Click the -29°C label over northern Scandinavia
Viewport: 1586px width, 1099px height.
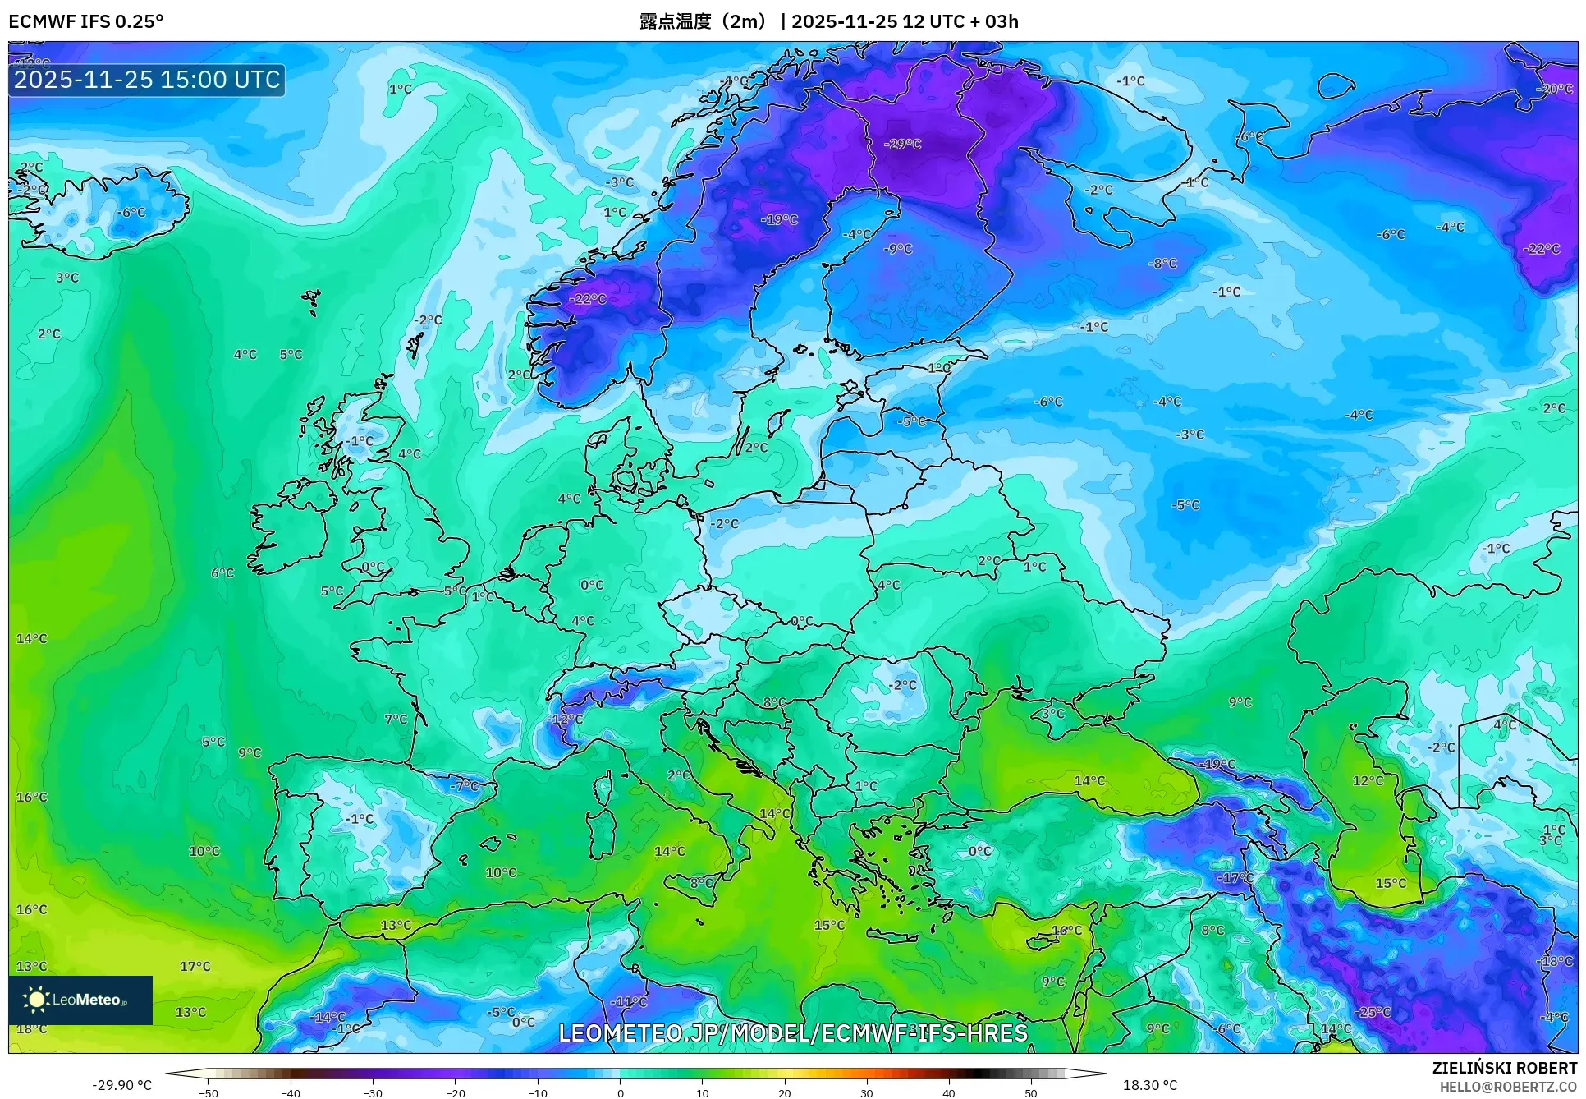(902, 145)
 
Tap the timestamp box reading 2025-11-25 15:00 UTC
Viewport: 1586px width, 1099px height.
(147, 80)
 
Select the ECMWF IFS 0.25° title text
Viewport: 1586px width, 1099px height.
(86, 21)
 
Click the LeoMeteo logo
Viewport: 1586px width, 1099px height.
(80, 1000)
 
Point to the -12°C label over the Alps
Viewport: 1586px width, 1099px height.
(565, 720)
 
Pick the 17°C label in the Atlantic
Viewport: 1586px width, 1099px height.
(195, 967)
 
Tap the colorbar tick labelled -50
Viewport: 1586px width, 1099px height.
(209, 1093)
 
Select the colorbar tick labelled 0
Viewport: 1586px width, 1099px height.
(620, 1093)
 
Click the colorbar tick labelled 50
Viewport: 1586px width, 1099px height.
(1031, 1093)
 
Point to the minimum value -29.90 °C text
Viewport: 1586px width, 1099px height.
(121, 1085)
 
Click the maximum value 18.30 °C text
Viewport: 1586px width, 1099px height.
(1149, 1085)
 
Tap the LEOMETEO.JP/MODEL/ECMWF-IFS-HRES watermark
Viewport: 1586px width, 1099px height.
(793, 1033)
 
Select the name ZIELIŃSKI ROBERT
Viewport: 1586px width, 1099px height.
(1505, 1068)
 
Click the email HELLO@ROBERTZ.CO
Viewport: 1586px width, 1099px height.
(1508, 1087)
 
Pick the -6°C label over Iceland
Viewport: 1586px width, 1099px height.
(131, 213)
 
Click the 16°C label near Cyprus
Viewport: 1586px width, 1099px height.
(1066, 931)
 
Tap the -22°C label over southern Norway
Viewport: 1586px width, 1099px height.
(588, 299)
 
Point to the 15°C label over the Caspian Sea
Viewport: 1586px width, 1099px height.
(1391, 884)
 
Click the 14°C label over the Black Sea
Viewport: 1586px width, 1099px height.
(1089, 781)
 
